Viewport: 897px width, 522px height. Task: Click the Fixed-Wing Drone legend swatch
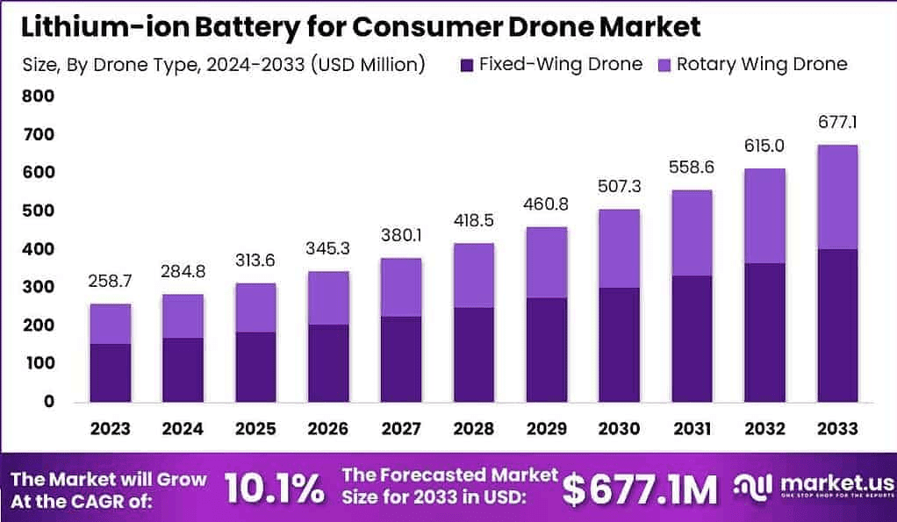pyautogui.click(x=466, y=64)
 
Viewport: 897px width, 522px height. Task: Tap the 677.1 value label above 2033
pyautogui.click(x=836, y=119)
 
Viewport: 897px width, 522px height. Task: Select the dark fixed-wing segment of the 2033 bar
pyautogui.click(x=836, y=325)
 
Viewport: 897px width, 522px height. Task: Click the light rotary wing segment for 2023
pyautogui.click(x=110, y=324)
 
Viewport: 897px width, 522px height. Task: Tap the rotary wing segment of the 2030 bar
pyautogui.click(x=618, y=248)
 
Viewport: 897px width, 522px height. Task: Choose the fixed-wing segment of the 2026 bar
pyautogui.click(x=327, y=363)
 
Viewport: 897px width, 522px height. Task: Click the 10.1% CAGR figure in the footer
pyautogui.click(x=274, y=489)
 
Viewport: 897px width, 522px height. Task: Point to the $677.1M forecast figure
pyautogui.click(x=640, y=489)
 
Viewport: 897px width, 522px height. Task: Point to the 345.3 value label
pyautogui.click(x=327, y=248)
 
